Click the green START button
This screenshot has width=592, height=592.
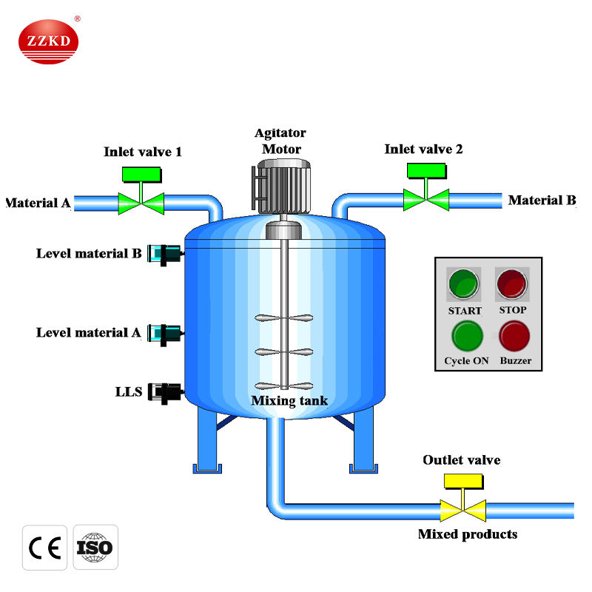(x=465, y=283)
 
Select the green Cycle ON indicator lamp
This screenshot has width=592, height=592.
(x=467, y=335)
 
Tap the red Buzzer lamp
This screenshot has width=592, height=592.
(x=514, y=336)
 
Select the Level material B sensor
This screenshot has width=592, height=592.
(x=164, y=254)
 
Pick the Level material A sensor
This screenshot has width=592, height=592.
(x=164, y=333)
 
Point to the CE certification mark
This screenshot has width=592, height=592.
(x=44, y=548)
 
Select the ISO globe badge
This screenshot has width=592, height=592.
(x=94, y=548)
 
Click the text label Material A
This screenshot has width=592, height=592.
(x=37, y=202)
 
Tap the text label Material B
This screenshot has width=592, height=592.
(x=542, y=200)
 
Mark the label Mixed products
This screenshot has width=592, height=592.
(x=467, y=534)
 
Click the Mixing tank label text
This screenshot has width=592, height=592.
(x=289, y=401)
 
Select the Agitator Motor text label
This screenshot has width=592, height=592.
(x=280, y=141)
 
